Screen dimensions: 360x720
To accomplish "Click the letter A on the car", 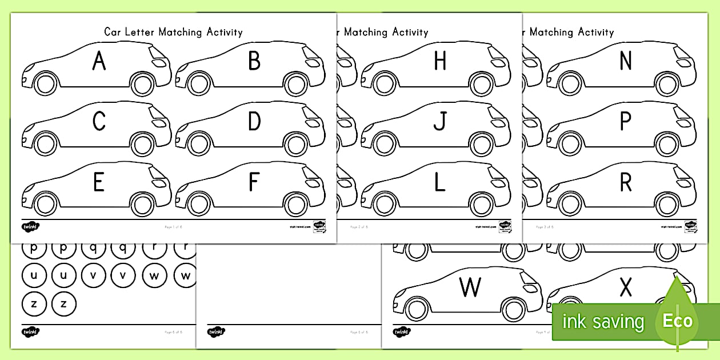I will (99, 61).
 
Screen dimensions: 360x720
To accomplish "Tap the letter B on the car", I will (254, 61).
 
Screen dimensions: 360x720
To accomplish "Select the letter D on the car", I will (254, 121).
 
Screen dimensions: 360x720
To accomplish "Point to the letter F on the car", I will (254, 182).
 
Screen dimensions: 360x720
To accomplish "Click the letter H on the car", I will (440, 61).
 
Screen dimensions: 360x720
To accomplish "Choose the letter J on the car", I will (439, 121).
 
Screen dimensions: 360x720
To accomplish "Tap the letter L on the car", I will (440, 182).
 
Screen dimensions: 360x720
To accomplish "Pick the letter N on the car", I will (626, 61).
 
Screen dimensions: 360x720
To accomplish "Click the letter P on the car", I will (626, 121).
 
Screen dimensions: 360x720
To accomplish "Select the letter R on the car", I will (626, 182).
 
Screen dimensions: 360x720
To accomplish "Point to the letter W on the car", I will (470, 287).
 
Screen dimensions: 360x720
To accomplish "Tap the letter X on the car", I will (626, 287).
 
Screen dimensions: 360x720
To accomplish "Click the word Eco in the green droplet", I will (677, 321).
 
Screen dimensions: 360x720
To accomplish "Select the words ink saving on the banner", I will (602, 322).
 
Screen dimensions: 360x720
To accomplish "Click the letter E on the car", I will (99, 182).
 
